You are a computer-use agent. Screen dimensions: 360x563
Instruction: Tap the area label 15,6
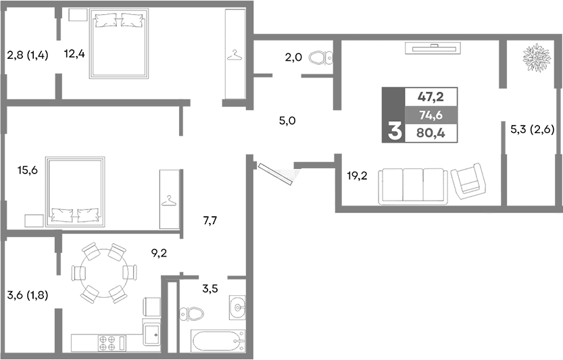point(27,170)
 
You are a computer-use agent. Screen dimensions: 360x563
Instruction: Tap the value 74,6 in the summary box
point(430,114)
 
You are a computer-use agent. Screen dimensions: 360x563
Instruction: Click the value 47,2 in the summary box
point(430,97)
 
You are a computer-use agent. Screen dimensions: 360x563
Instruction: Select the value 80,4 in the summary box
point(430,132)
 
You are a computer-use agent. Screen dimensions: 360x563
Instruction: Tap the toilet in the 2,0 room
point(319,59)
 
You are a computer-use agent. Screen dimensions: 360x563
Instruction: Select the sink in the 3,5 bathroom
point(237,307)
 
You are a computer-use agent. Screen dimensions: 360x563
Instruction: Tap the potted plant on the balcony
point(536,59)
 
